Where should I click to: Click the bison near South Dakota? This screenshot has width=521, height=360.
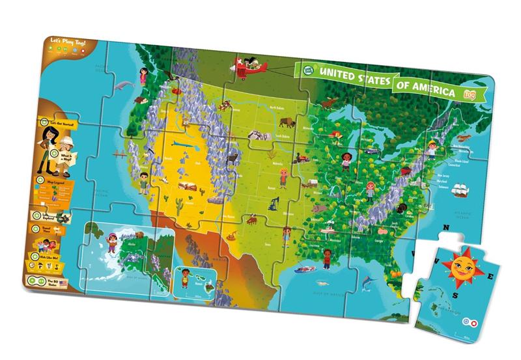point(287,122)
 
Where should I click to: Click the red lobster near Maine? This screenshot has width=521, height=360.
point(464,139)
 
